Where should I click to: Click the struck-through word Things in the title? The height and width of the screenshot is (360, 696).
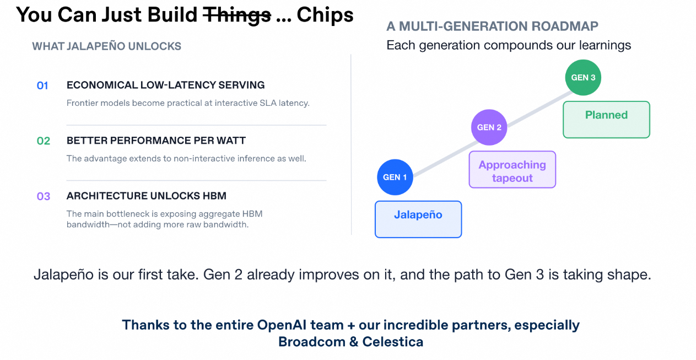point(237,15)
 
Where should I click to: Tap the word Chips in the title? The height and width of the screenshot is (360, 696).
point(325,15)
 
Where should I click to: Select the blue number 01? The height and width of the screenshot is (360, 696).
point(42,85)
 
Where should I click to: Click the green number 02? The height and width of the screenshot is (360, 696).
point(43,141)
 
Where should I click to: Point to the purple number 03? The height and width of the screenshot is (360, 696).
point(43,196)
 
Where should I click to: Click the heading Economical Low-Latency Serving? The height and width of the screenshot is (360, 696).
point(166,85)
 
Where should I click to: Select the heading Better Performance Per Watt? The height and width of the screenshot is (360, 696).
point(156,140)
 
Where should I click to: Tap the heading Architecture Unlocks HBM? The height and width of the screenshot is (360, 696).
point(147,196)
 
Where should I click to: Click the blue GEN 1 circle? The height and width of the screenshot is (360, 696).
point(395,177)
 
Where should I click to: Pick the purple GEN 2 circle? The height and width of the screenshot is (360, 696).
point(489,127)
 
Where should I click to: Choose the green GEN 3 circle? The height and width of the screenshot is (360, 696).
point(583,77)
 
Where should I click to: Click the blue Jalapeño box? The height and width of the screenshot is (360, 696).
point(418,219)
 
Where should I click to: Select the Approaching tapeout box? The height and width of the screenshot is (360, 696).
point(512,169)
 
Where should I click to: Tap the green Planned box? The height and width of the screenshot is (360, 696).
point(606,120)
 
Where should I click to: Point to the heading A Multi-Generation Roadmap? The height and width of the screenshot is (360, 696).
point(492,26)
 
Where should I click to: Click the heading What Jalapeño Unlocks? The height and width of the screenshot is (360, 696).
point(106,46)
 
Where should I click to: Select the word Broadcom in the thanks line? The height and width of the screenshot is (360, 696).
point(312,342)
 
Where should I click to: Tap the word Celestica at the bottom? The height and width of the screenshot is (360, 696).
point(393,342)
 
